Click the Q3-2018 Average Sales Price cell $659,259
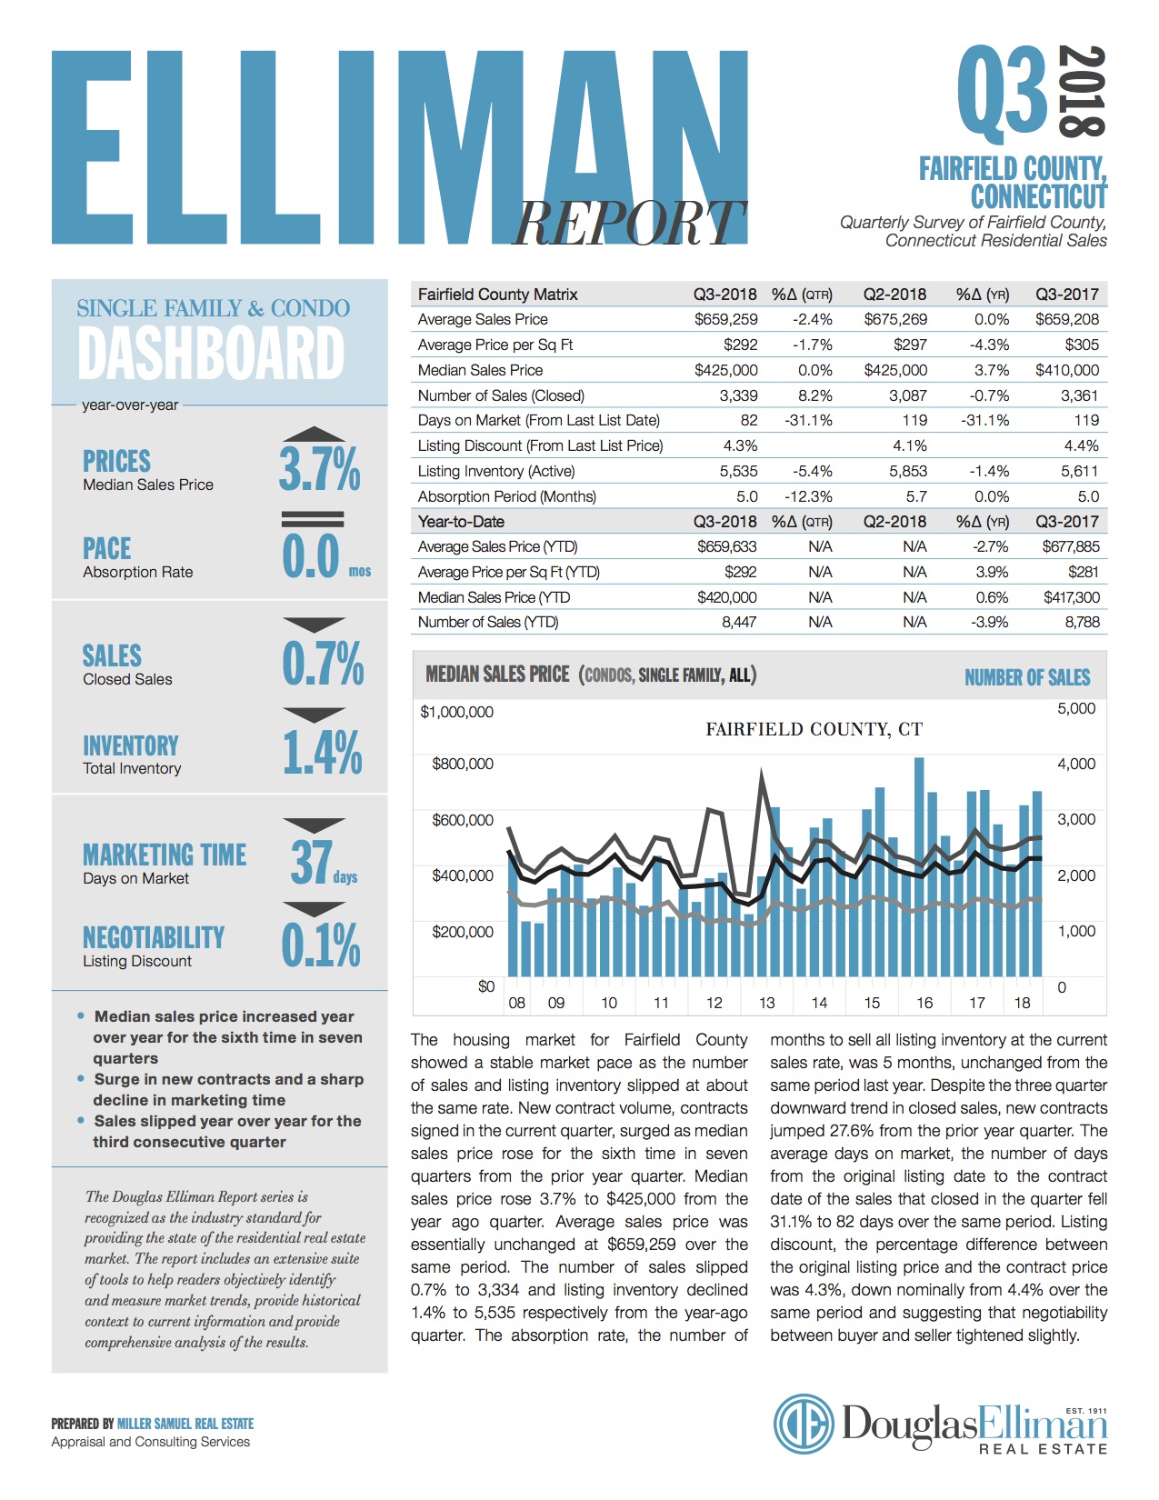pyautogui.click(x=725, y=320)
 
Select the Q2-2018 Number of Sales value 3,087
pyautogui.click(x=908, y=395)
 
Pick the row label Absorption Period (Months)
pyautogui.click(x=506, y=496)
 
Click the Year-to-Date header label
pyautogui.click(x=461, y=522)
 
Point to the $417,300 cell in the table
pyautogui.click(x=1072, y=597)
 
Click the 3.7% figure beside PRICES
pyautogui.click(x=320, y=469)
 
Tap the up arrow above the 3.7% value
pyautogui.click(x=314, y=435)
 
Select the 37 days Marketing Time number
pyautogui.click(x=323, y=863)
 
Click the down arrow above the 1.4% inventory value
pyautogui.click(x=314, y=715)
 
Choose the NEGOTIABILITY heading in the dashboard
pyautogui.click(x=154, y=937)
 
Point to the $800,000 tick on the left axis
pyautogui.click(x=463, y=765)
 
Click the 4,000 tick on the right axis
pyautogui.click(x=1076, y=765)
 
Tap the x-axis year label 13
pyautogui.click(x=767, y=1003)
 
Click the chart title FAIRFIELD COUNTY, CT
pyautogui.click(x=814, y=730)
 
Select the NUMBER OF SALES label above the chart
pyautogui.click(x=1027, y=677)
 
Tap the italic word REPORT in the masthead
pyautogui.click(x=629, y=224)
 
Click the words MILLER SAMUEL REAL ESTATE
pyautogui.click(x=185, y=1424)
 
